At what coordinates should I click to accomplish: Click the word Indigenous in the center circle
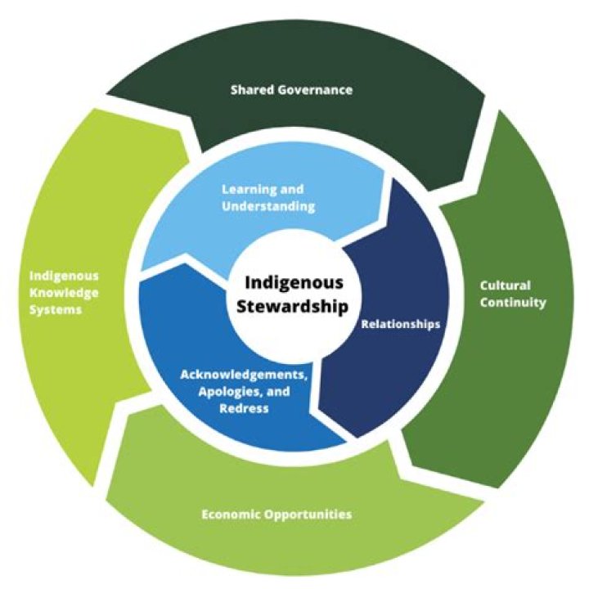click(x=293, y=283)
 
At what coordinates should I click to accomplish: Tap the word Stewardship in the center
click(x=293, y=306)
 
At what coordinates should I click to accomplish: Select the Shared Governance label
click(x=290, y=90)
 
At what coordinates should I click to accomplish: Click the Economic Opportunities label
click(x=277, y=515)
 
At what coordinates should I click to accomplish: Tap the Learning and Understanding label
click(x=268, y=198)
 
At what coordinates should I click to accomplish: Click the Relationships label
click(x=401, y=324)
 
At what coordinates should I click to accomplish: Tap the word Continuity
click(x=515, y=303)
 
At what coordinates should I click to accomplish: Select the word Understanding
click(x=268, y=207)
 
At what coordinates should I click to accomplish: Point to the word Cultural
click(x=506, y=286)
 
